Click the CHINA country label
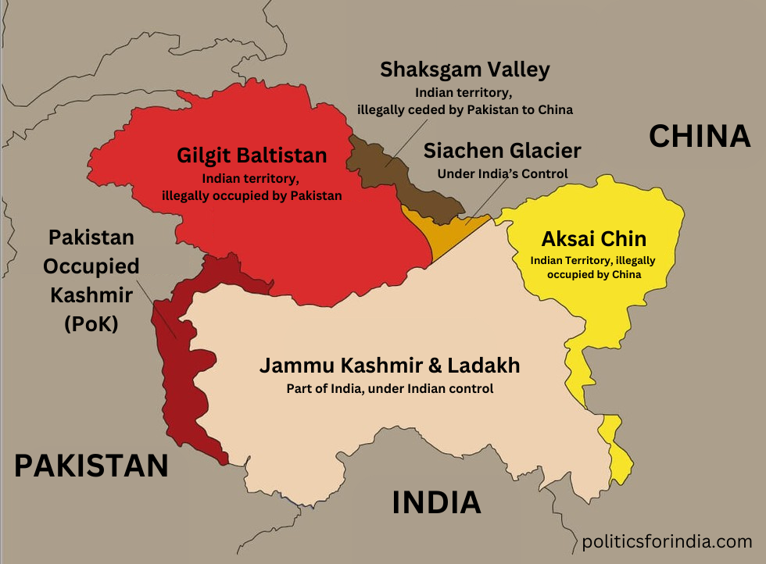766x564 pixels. coord(700,137)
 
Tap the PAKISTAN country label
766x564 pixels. coord(91,466)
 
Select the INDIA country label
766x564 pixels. coord(436,502)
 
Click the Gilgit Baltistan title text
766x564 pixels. coord(251,155)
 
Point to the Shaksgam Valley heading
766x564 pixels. coord(464,70)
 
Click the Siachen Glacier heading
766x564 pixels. coord(502,151)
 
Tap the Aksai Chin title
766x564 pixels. coord(596,240)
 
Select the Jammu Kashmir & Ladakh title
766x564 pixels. coord(389,366)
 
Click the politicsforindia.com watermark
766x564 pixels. coord(667,541)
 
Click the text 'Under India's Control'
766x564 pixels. coord(502,173)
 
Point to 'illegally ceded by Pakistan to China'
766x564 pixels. coord(465,110)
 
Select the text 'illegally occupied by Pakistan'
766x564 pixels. coord(251,195)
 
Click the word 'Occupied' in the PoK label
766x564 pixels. coord(91,266)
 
